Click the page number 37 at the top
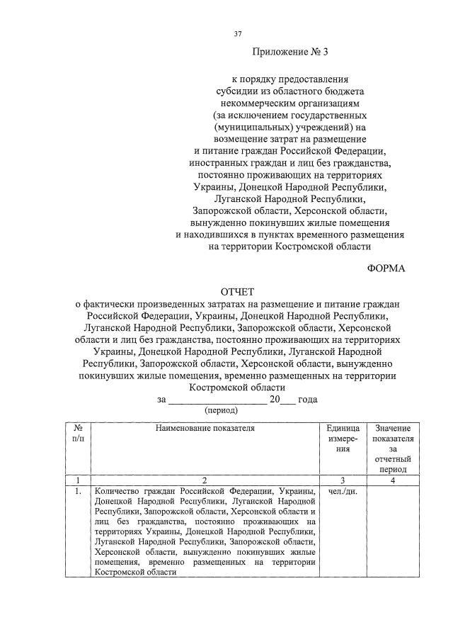coord(238,33)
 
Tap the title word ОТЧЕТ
coord(237,292)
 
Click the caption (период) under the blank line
coord(221,410)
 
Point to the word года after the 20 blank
coord(308,399)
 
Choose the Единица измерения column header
coord(343,439)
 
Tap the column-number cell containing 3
coord(343,480)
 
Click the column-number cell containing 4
coord(392,480)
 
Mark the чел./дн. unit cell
coord(343,491)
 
